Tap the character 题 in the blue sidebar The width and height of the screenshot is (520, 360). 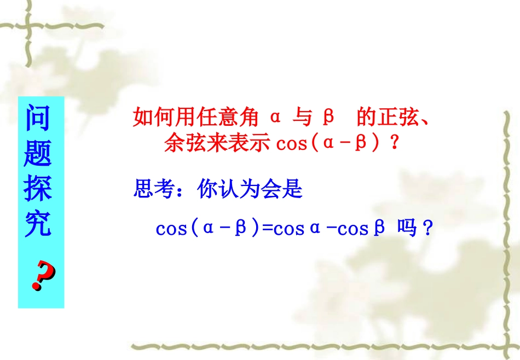(x=38, y=153)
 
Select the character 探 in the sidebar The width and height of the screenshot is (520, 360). (x=38, y=188)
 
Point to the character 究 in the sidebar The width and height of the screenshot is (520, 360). (x=38, y=222)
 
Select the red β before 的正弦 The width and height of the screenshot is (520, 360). (x=328, y=117)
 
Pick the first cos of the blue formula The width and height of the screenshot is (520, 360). (x=172, y=229)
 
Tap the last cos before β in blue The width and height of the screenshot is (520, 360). (x=353, y=229)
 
